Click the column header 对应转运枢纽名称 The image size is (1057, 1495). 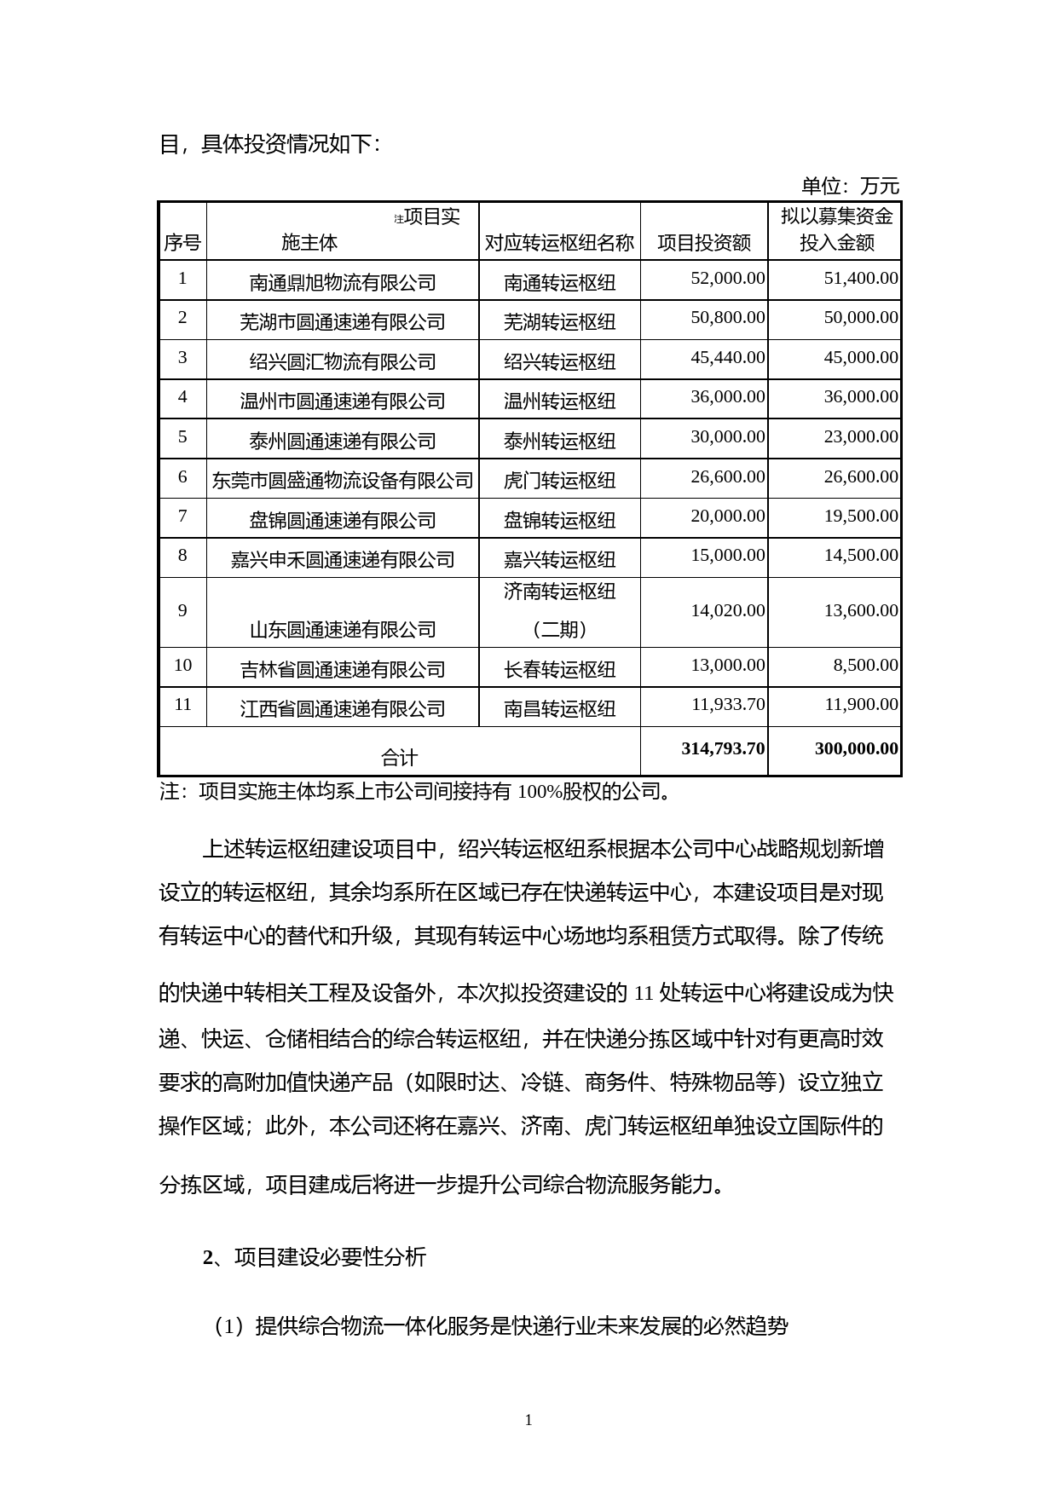[x=559, y=243]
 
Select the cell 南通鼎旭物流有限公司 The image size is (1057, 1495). [x=343, y=282]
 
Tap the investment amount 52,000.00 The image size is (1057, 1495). [x=727, y=278]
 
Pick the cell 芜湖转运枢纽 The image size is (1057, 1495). [x=559, y=322]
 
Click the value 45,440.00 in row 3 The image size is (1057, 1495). [x=727, y=357]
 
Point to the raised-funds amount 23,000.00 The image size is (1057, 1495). [x=860, y=436]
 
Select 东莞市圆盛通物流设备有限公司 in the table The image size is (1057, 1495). [x=343, y=481]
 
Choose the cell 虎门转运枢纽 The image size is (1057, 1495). [x=559, y=481]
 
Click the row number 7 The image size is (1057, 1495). [x=182, y=516]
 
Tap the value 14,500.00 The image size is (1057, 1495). [x=860, y=555]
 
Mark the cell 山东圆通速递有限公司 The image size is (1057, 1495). [x=343, y=630]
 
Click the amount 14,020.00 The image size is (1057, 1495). [x=727, y=610]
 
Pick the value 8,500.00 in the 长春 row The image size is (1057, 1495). [x=865, y=665]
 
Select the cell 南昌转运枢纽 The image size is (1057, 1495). [x=559, y=708]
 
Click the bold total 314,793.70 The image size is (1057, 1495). [x=723, y=748]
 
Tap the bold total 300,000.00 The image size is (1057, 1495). [x=856, y=748]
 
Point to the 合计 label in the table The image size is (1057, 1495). [x=399, y=757]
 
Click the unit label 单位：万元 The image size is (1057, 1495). [x=849, y=186]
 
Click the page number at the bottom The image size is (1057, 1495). [x=528, y=1419]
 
